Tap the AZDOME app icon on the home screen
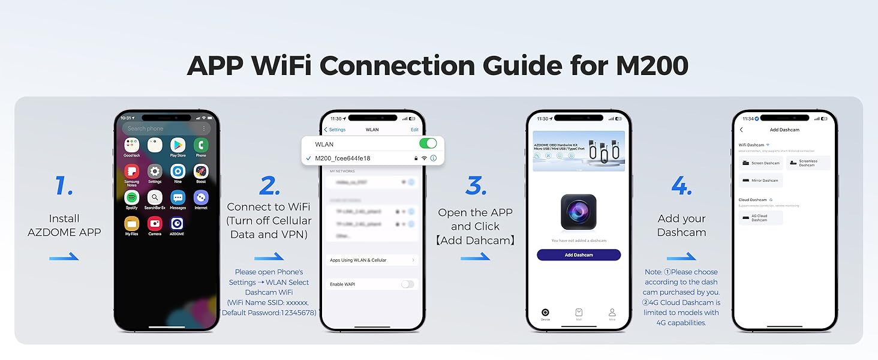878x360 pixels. click(178, 223)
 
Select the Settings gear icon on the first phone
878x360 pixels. click(155, 171)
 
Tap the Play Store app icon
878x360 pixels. click(178, 145)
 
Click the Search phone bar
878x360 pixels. click(166, 128)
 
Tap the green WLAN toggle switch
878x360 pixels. click(428, 144)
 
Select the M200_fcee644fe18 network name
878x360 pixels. click(342, 158)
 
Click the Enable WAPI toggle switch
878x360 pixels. click(407, 284)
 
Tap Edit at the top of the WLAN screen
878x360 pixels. click(414, 130)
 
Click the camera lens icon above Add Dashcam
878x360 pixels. click(578, 212)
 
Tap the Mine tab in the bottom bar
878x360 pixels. click(612, 314)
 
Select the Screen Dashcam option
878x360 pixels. click(760, 163)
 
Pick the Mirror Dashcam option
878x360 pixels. click(760, 180)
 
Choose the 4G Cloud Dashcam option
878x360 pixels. click(760, 218)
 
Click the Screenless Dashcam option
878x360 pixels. click(808, 163)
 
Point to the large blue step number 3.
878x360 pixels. click(476, 186)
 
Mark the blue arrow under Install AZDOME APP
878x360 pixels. click(64, 257)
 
